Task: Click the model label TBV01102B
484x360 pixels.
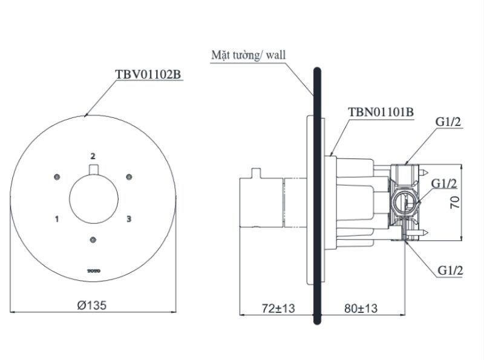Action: tap(148, 74)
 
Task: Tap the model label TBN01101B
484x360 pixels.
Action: tap(381, 112)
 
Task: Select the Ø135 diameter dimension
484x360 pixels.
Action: tap(92, 306)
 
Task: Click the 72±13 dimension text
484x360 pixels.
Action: tap(278, 308)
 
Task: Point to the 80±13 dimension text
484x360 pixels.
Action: tap(361, 308)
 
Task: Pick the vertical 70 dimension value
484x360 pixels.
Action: tap(455, 202)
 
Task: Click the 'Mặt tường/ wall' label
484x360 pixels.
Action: tap(249, 55)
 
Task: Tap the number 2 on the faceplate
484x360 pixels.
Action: tap(93, 156)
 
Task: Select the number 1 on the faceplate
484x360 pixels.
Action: tap(57, 219)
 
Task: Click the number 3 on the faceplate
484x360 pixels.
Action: tap(129, 219)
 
